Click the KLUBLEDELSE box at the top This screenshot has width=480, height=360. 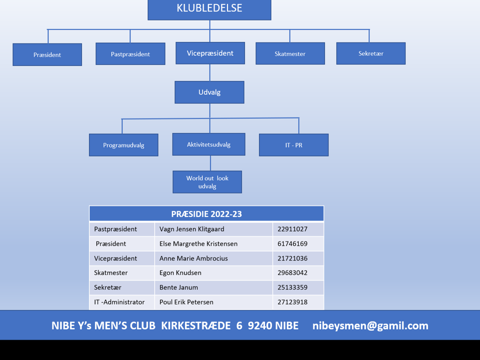(209, 10)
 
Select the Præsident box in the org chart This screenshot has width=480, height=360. (47, 54)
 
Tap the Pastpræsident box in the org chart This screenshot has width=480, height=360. (130, 54)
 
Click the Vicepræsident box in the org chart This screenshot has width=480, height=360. (210, 53)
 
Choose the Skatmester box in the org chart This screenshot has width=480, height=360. (290, 53)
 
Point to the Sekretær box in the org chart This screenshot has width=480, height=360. (370, 53)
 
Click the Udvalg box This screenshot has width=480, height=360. (209, 92)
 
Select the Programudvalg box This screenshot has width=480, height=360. (123, 145)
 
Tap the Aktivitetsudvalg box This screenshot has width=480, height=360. (209, 144)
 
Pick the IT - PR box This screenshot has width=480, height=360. (294, 145)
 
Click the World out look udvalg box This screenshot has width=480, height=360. (207, 182)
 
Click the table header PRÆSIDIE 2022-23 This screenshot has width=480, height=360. (206, 214)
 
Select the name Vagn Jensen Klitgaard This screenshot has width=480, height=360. (192, 229)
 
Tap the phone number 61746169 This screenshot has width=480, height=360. (292, 243)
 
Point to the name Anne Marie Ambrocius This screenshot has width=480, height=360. (193, 258)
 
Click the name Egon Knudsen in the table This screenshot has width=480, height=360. (180, 273)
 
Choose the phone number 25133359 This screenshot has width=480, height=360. (292, 287)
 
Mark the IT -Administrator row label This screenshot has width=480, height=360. (119, 302)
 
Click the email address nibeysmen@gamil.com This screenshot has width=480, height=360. (370, 325)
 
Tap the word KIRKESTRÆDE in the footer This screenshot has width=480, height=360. (196, 325)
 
